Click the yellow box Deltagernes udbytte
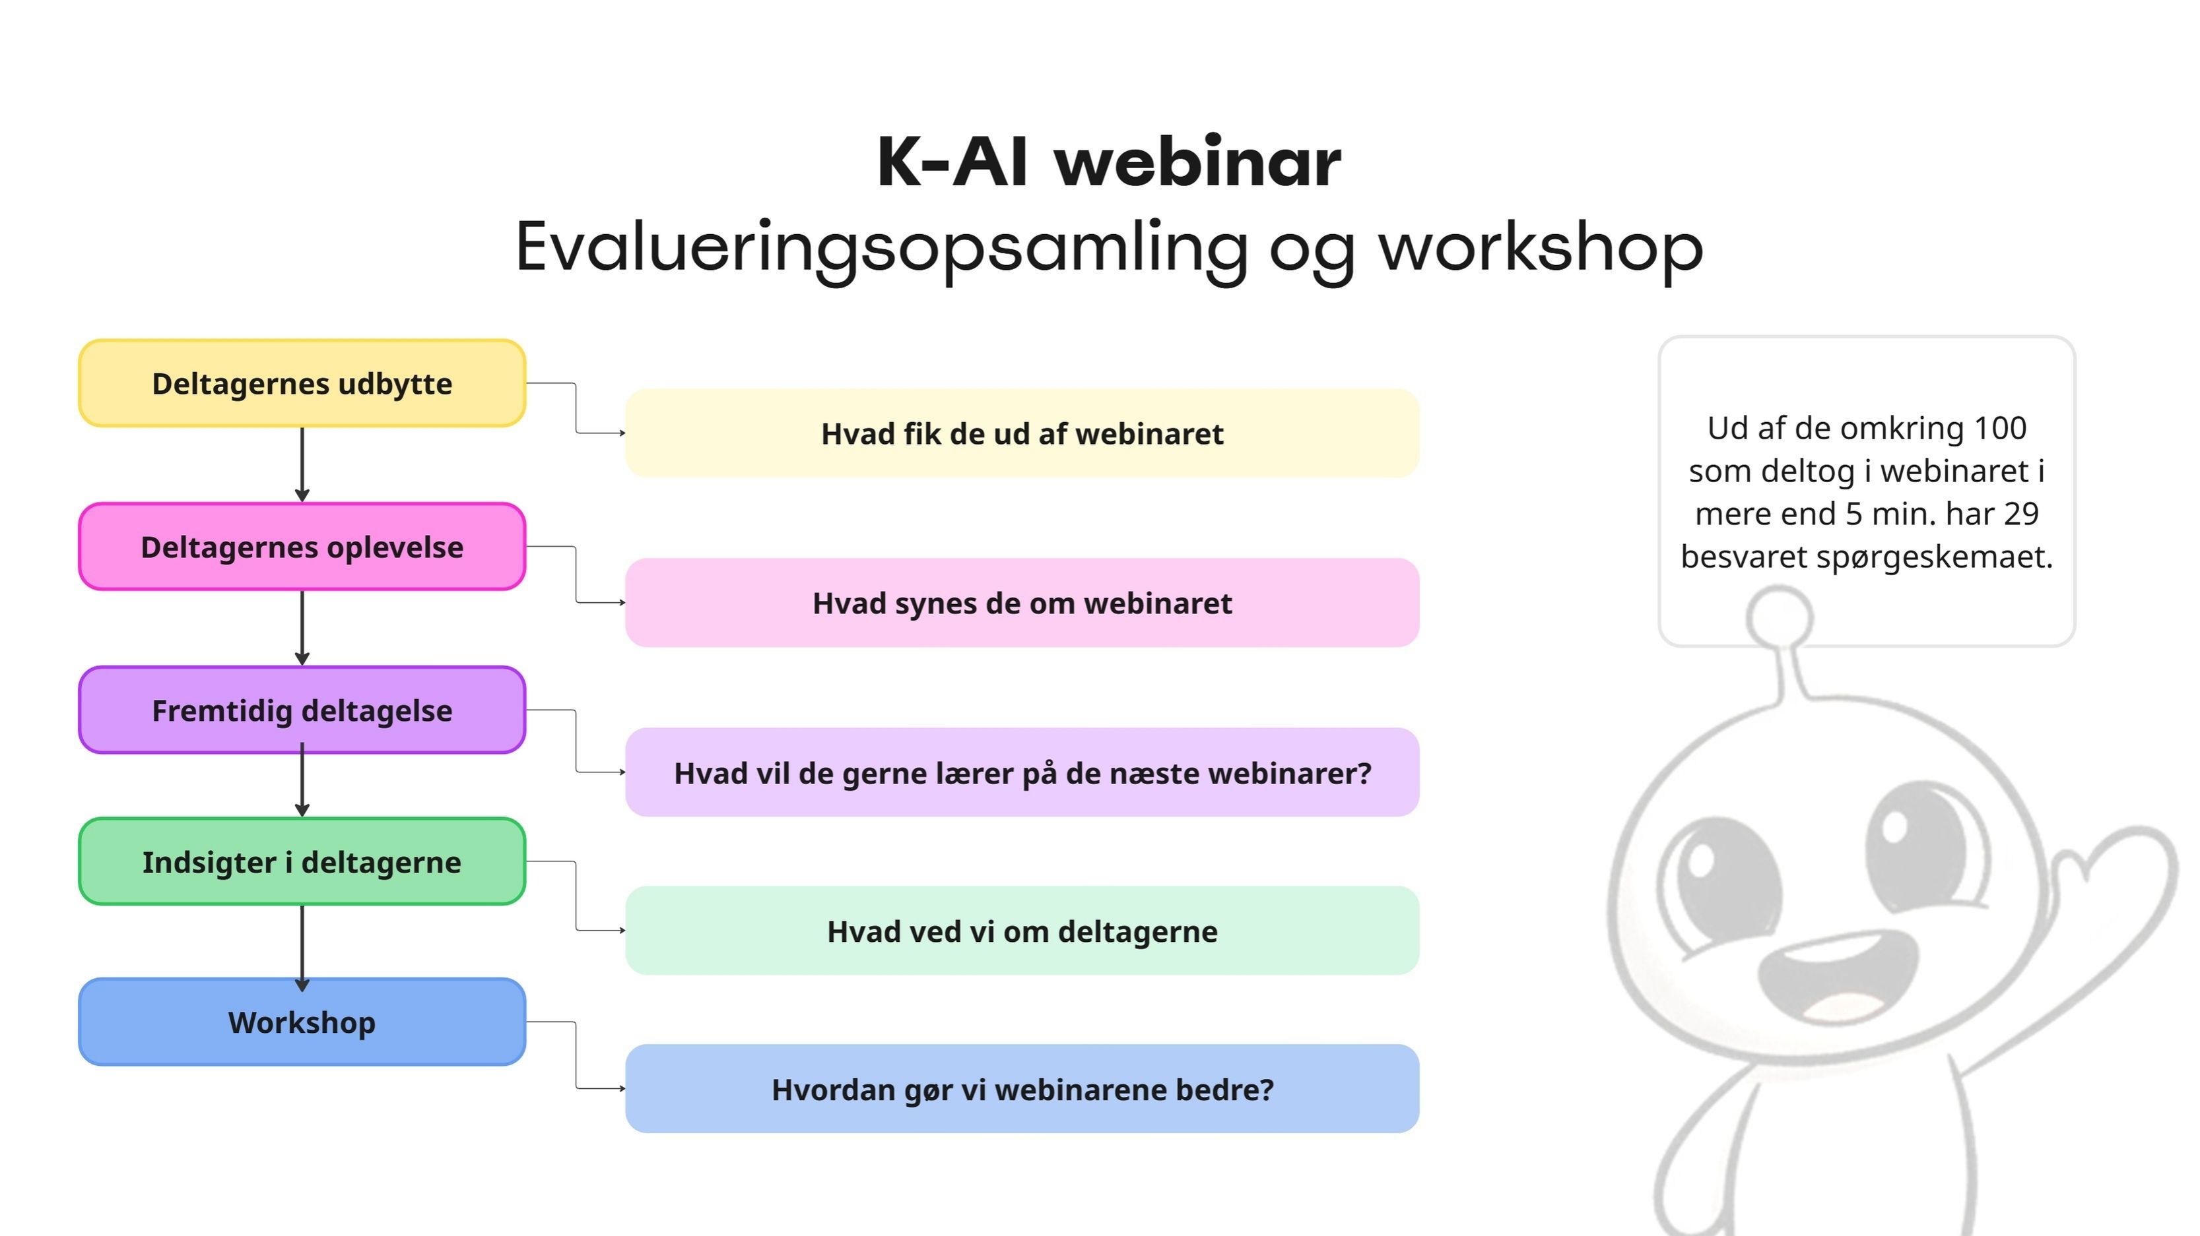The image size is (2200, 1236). pos(302,383)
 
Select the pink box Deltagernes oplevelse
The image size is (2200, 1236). pos(302,546)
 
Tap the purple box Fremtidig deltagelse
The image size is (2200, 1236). pos(302,710)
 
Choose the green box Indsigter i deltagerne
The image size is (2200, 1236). pos(302,861)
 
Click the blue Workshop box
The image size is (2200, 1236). pos(302,1022)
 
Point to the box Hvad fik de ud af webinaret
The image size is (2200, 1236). pos(1022,433)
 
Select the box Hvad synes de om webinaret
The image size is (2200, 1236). pos(1022,603)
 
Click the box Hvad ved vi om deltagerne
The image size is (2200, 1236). pos(1022,931)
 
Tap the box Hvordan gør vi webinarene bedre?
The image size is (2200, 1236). pos(1022,1088)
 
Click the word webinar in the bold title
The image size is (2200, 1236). pos(1197,162)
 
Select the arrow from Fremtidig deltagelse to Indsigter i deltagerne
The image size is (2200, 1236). pos(302,780)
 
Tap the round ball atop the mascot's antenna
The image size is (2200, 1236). pos(1779,616)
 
